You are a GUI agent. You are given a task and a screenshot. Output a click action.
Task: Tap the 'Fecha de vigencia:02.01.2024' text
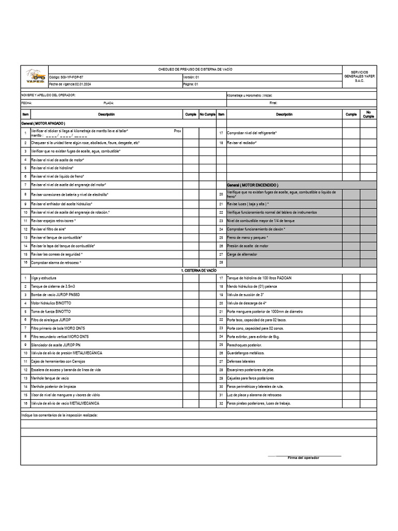coord(70,84)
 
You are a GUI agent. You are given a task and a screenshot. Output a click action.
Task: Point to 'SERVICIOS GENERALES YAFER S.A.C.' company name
coord(359,76)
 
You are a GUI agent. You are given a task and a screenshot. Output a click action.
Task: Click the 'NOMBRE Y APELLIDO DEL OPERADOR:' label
coord(48,95)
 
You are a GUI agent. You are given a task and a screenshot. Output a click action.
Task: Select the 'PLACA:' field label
coord(108,103)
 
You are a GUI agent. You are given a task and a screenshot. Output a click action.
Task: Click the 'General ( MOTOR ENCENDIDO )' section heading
coord(252,185)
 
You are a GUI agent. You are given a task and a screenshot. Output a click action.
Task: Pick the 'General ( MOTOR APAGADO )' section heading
coord(43,123)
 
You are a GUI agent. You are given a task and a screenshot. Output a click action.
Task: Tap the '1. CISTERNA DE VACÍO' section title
coord(199,271)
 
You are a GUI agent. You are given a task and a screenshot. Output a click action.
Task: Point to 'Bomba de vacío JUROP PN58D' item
coord(55,295)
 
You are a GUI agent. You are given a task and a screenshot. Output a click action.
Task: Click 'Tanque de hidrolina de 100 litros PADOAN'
coord(259,278)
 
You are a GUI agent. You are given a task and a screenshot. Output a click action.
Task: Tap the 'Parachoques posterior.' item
coord(245,344)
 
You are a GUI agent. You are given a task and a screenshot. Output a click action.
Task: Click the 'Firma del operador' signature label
coord(303,458)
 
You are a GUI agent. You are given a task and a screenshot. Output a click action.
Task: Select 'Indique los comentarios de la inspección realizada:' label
coord(59,415)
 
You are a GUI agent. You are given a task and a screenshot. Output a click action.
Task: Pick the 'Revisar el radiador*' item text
coord(242,143)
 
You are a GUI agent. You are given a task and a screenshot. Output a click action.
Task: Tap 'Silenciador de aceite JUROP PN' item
coord(56,344)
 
